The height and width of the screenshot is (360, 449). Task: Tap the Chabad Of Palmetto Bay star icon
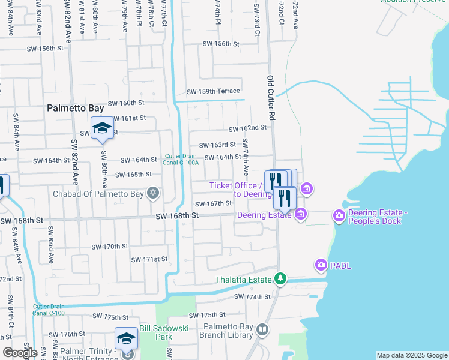tap(154, 193)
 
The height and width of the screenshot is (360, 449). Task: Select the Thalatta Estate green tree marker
tap(280, 278)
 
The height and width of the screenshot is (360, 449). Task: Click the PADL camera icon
tap(321, 264)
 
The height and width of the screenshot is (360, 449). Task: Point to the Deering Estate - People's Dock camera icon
tap(339, 215)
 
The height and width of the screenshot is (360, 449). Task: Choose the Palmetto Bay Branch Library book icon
tap(262, 329)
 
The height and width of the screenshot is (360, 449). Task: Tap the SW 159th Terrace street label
tap(213, 92)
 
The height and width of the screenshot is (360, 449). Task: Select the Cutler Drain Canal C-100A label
tap(181, 158)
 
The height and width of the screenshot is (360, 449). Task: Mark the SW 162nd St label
tap(247, 128)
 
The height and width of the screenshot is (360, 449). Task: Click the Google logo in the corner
tap(20, 353)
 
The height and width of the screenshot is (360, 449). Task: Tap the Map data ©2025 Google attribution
tap(411, 355)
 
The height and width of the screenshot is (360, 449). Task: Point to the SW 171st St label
tap(149, 259)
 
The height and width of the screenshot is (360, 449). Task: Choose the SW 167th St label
tap(212, 203)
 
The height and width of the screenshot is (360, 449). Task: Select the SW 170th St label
tap(110, 247)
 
